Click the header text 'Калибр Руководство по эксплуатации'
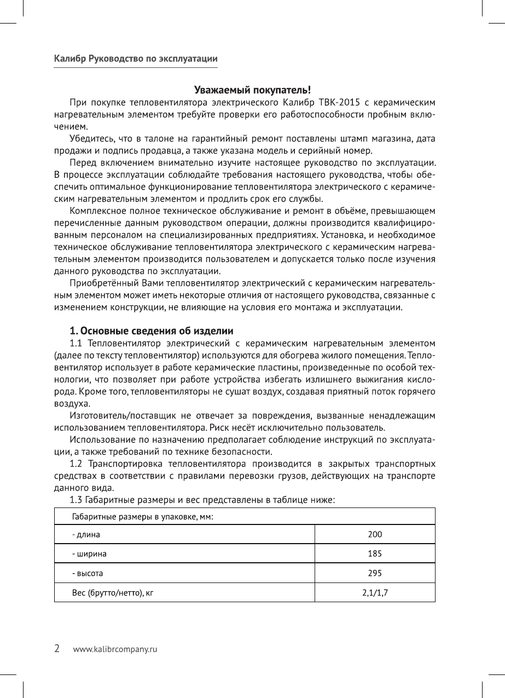coord(136,59)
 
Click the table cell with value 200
coord(375,534)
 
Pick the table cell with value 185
coord(375,553)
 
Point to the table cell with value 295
coord(375,573)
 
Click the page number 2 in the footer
coord(57,649)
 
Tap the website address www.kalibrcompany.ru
coord(115,650)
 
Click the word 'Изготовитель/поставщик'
coord(118,416)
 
